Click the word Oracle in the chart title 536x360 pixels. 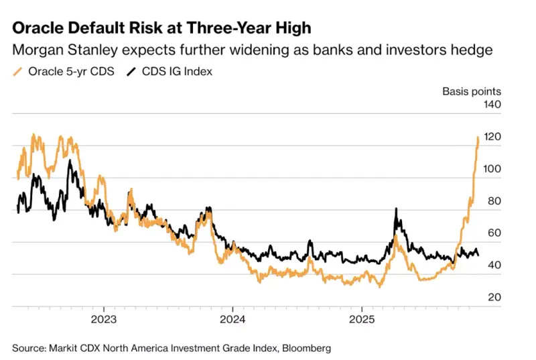click(x=38, y=28)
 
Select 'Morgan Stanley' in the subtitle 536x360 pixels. click(x=59, y=50)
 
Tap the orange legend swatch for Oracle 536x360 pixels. click(x=18, y=71)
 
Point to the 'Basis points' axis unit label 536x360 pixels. click(x=471, y=91)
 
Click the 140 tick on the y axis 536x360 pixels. click(x=492, y=105)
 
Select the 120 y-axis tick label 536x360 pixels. click(x=492, y=137)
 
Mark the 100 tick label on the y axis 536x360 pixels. click(x=492, y=170)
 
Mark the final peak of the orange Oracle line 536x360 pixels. click(x=478, y=137)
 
